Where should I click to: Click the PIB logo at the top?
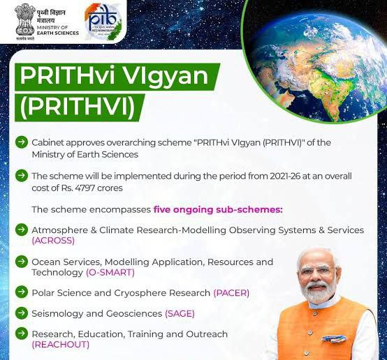(103, 22)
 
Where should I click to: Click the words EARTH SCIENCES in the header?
(58, 33)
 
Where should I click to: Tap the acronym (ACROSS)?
(53, 241)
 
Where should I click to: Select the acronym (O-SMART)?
(110, 273)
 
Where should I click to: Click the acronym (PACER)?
(231, 293)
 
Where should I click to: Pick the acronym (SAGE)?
(180, 314)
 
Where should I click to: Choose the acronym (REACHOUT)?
(61, 345)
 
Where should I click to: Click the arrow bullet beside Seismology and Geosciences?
(22, 313)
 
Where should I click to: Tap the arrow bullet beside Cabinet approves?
(22, 142)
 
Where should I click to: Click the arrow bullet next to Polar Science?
(22, 292)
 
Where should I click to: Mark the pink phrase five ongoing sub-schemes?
(218, 209)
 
